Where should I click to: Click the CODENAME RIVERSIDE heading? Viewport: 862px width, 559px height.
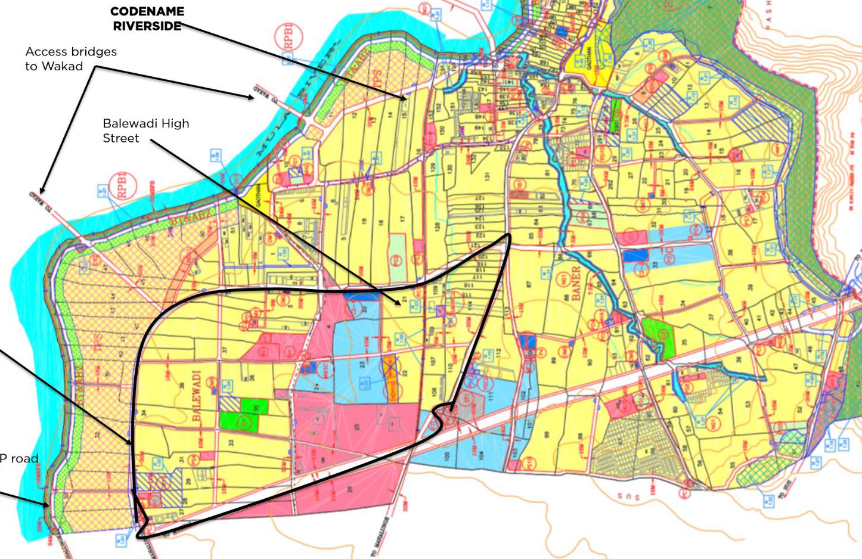coord(147,18)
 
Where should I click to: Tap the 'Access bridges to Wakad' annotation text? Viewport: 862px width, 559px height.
coord(70,58)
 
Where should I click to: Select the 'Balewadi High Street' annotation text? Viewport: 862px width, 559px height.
coord(145,131)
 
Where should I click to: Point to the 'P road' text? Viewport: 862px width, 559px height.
coord(19,458)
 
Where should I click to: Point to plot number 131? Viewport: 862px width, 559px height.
coord(487,176)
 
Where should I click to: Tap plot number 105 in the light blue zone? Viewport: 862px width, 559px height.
coord(447,456)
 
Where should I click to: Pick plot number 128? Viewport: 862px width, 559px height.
coord(438,227)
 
